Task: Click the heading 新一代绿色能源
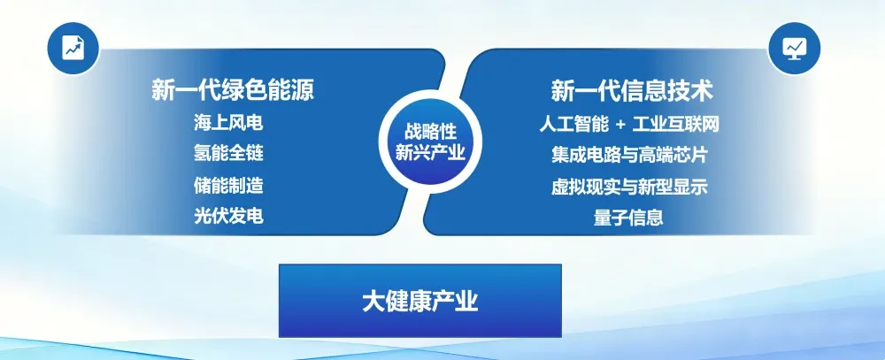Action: [x=233, y=90]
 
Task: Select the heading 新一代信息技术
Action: [x=632, y=90]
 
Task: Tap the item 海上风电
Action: [x=228, y=123]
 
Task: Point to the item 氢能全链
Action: [x=228, y=154]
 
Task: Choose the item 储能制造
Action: [x=228, y=185]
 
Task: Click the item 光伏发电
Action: [x=228, y=216]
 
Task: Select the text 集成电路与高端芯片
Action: [x=629, y=155]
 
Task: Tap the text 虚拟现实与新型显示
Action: [x=629, y=187]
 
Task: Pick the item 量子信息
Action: [x=628, y=218]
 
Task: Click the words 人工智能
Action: [x=574, y=124]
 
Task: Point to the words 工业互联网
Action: [x=676, y=124]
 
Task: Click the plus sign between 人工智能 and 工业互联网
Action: [x=621, y=125]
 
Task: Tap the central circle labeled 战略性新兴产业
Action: [x=430, y=141]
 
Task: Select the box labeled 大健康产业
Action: [x=419, y=301]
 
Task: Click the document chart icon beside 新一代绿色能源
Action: [x=73, y=49]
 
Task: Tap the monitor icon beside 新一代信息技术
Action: [x=794, y=49]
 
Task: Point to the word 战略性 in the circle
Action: [x=430, y=132]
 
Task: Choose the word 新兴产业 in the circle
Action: [x=430, y=152]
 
